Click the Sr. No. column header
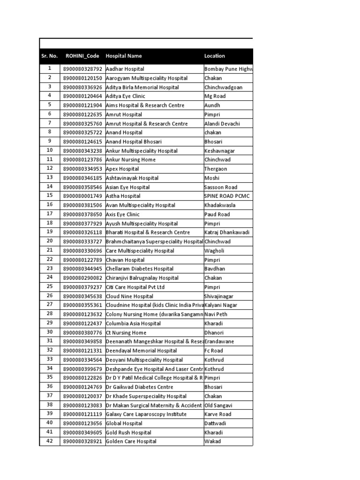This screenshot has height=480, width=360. click(x=49, y=56)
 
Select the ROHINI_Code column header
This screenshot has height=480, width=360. click(x=82, y=56)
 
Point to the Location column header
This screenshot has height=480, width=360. click(x=215, y=56)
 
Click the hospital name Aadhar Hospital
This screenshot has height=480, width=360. click(x=125, y=69)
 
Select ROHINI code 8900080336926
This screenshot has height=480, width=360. click(x=82, y=87)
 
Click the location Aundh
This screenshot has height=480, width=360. click(x=212, y=105)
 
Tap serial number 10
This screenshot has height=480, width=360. click(x=49, y=150)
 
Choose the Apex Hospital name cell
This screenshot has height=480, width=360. click(x=122, y=169)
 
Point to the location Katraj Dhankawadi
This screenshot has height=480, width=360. click(x=227, y=232)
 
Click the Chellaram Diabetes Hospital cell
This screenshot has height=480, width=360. click(x=140, y=269)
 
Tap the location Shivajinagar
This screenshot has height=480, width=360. click(x=219, y=296)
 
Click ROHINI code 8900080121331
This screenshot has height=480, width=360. click(x=82, y=351)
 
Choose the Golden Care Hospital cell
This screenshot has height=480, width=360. click(x=132, y=442)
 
